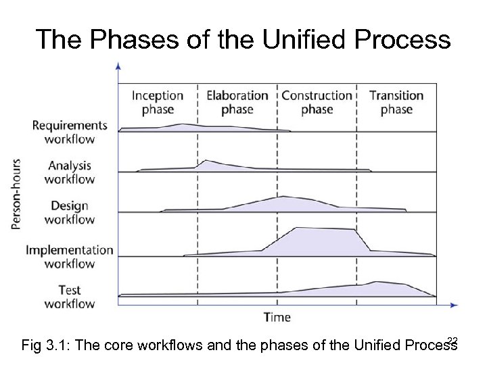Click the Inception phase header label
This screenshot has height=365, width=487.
tap(158, 102)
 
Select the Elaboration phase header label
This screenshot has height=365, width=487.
tap(237, 102)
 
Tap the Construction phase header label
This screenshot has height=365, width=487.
tap(317, 102)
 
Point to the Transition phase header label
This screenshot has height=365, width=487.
tap(396, 102)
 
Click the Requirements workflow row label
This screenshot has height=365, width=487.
tap(70, 132)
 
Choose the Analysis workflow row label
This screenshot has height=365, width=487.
tap(70, 172)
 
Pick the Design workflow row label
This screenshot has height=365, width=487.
tap(70, 212)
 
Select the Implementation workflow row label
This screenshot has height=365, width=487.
tap(70, 256)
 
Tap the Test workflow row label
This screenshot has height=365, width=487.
tap(70, 296)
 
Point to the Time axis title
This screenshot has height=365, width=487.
tap(277, 316)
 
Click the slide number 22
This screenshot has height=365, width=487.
tap(453, 340)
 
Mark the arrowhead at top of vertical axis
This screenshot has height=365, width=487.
tap(119, 66)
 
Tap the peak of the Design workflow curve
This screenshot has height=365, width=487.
tap(283, 197)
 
